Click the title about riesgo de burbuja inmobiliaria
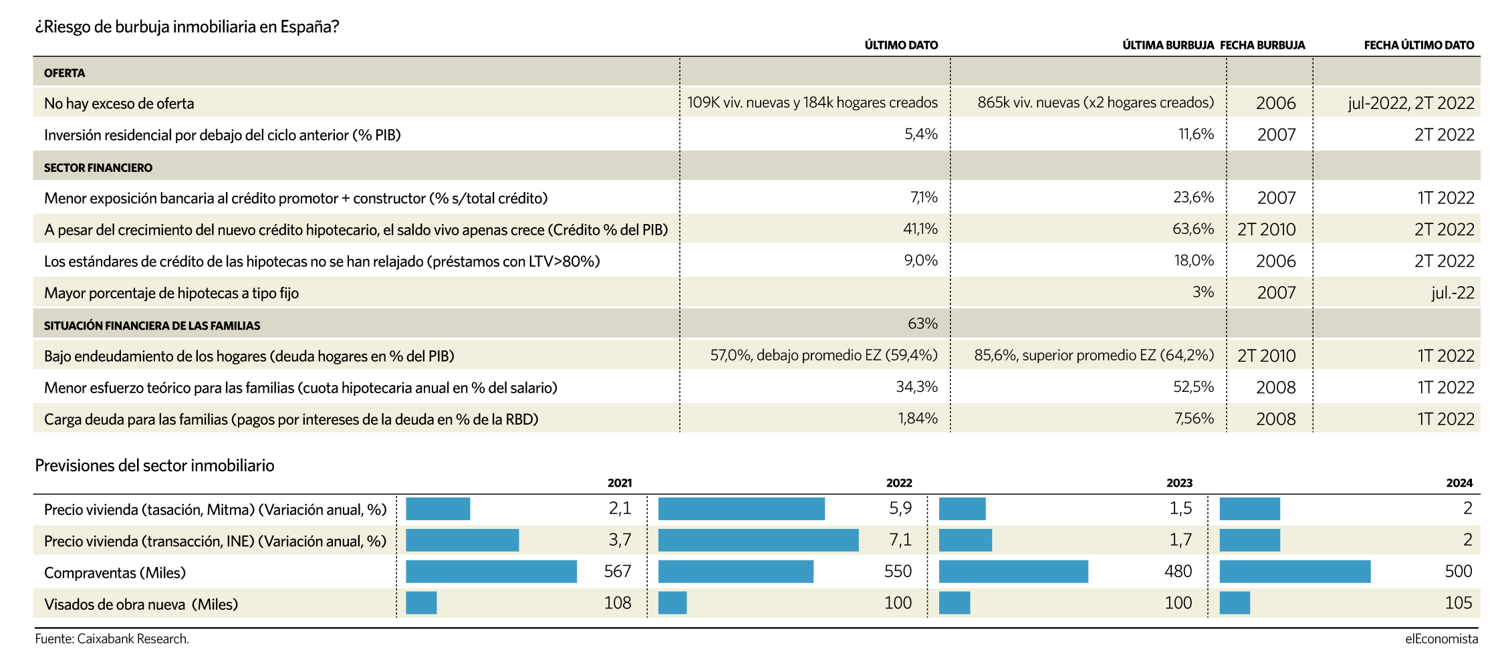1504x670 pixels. point(187,27)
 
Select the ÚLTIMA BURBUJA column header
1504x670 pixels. point(1168,45)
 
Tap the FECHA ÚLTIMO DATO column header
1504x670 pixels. point(1418,45)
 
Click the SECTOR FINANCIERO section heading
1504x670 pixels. point(98,168)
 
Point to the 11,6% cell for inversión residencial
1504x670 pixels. point(1196,134)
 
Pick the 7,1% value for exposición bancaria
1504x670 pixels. point(924,198)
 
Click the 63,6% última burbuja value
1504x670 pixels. point(1193,229)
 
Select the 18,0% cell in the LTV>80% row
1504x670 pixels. point(1194,261)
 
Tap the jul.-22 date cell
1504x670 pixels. point(1453,293)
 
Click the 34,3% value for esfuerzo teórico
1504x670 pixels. point(916,387)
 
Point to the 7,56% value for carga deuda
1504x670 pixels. point(1194,419)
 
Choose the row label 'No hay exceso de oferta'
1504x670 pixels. point(119,104)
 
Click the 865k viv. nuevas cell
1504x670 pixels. point(1095,103)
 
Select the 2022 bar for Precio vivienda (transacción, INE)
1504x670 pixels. point(758,540)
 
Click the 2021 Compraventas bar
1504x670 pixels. point(491,572)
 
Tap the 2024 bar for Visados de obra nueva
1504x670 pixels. point(1235,603)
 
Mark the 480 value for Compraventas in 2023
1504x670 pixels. point(1178,572)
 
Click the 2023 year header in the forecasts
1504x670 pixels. point(1179,483)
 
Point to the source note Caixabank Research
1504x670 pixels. point(112,639)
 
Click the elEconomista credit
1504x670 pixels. point(1441,639)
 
